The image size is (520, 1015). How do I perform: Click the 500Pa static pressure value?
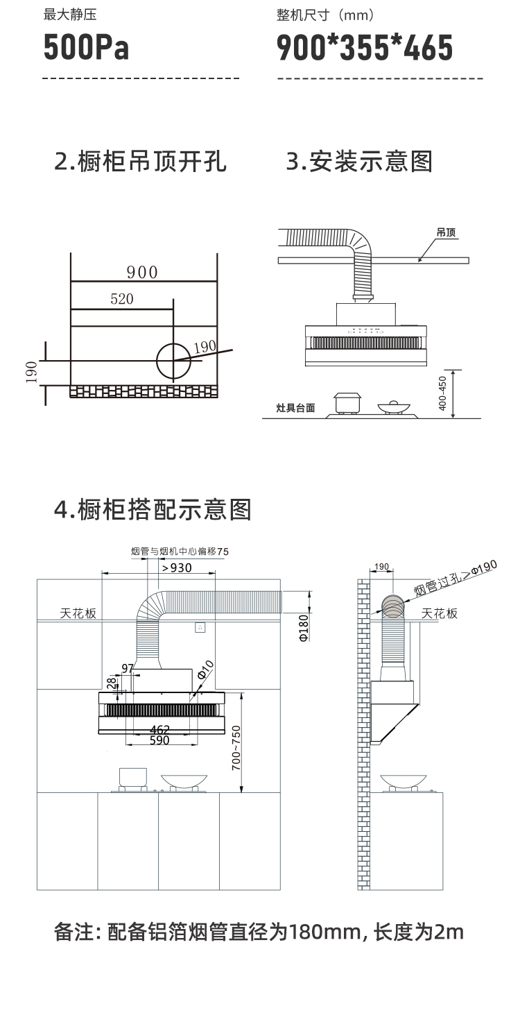[86, 48]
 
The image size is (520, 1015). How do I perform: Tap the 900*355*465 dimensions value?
[365, 48]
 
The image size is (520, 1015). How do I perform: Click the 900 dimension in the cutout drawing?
[142, 272]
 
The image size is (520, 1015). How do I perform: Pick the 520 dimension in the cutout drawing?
[122, 299]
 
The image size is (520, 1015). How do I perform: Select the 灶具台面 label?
[296, 408]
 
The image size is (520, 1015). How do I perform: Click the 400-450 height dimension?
[444, 393]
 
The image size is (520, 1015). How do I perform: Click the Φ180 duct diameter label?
[303, 627]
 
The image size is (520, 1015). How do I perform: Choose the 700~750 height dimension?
[236, 742]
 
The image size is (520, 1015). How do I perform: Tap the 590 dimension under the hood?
[160, 740]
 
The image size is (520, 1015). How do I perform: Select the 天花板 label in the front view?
[78, 613]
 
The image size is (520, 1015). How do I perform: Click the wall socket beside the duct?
[200, 627]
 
